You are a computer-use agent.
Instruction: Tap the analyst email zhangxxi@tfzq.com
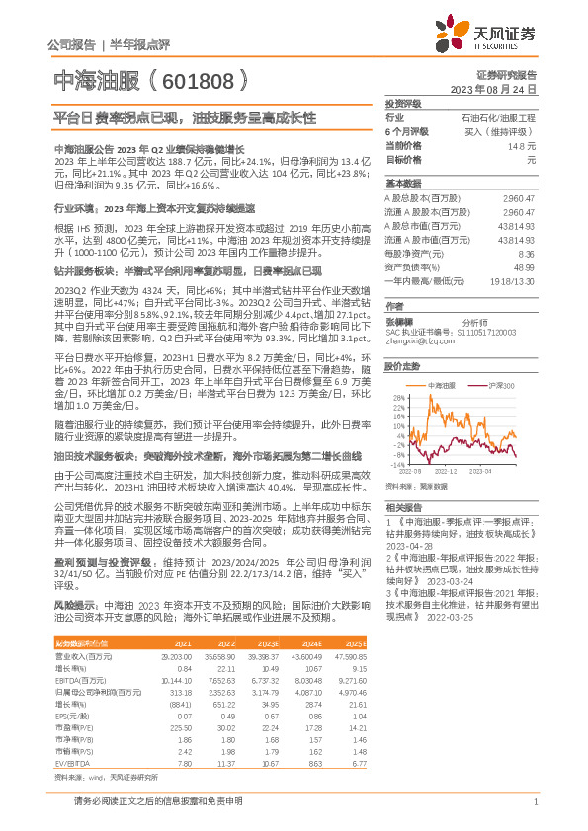[x=413, y=341]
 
